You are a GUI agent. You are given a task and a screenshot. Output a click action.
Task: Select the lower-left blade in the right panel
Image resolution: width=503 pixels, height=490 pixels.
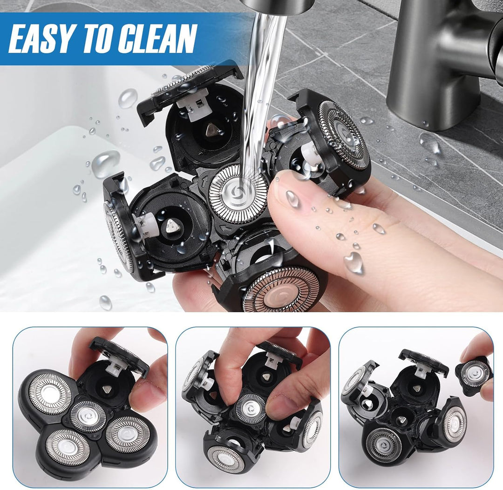point(384,444)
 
